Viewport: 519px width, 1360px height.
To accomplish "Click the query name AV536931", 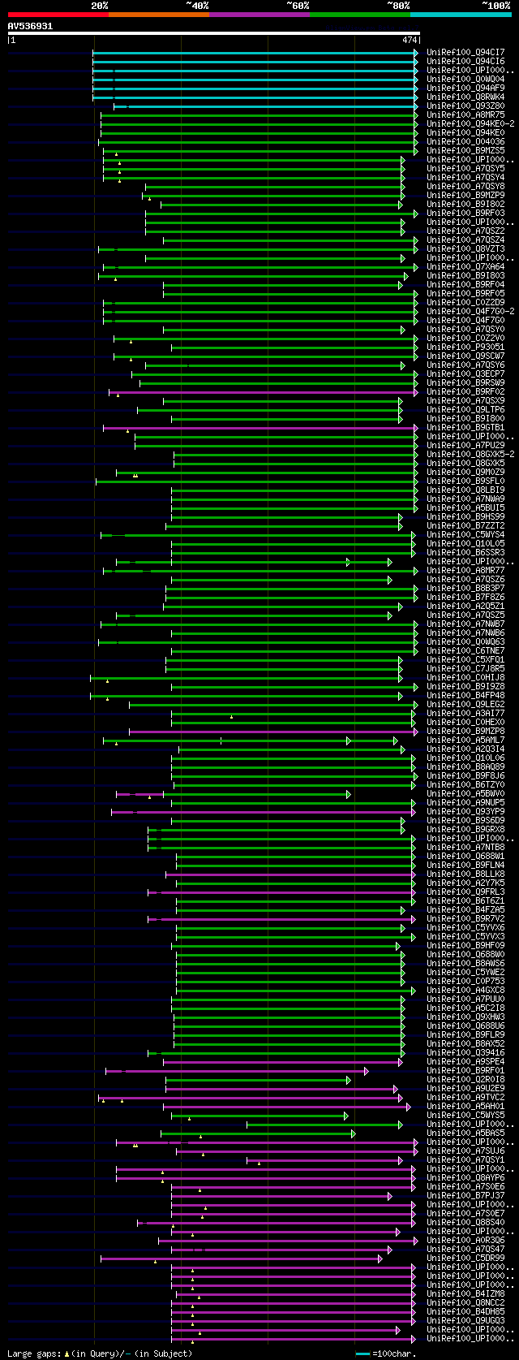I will (x=30, y=26).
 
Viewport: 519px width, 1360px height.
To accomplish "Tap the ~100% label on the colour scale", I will (x=496, y=6).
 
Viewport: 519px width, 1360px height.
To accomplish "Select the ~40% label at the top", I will (x=197, y=6).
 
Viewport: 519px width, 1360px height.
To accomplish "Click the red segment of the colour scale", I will (x=58, y=15).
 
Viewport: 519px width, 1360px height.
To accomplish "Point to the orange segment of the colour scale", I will (x=158, y=15).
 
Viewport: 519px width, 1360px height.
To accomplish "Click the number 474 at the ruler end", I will (x=409, y=39).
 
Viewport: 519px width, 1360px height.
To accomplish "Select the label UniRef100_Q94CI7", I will (x=465, y=52).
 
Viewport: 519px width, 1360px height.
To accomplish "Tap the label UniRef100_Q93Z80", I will (x=465, y=106).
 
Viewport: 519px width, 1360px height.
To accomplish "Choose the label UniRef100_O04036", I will (x=465, y=141).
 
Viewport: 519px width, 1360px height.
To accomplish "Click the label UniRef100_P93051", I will (x=465, y=347).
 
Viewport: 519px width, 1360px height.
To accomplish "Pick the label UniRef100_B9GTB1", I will (x=465, y=427).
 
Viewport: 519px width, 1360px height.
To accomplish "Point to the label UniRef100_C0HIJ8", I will (x=465, y=677).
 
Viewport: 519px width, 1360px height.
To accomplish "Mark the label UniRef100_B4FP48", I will (x=465, y=695).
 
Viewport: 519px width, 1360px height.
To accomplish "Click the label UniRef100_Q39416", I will (x=465, y=1052).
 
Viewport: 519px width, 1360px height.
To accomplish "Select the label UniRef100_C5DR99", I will (x=465, y=1258).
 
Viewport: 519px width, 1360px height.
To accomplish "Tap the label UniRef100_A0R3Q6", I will (x=465, y=1240).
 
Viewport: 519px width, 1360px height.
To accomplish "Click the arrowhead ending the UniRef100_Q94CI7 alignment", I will (x=416, y=52).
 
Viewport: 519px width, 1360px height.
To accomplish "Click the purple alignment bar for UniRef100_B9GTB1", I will (x=259, y=427).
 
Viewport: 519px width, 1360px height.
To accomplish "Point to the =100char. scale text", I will (x=394, y=1354).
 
